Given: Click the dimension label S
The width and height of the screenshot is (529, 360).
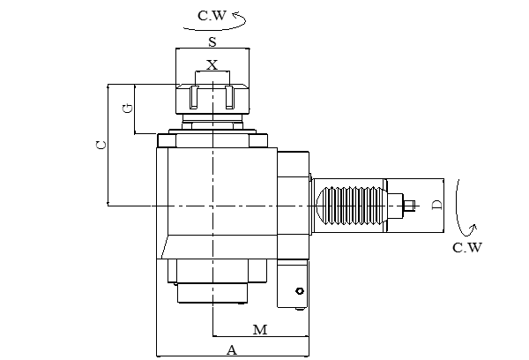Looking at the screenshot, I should (x=212, y=42).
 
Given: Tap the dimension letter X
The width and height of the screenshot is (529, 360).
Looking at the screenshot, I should (x=212, y=64).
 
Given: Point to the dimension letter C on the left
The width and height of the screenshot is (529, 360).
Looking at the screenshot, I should (x=101, y=144).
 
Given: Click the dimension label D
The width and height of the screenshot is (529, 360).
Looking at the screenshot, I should (x=437, y=206).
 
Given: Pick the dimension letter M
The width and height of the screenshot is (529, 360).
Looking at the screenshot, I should (x=259, y=330).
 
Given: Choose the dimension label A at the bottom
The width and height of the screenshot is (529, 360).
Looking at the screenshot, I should (x=232, y=350).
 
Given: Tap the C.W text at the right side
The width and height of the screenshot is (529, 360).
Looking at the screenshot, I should (x=466, y=247).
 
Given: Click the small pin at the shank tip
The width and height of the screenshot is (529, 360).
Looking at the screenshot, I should (x=410, y=207).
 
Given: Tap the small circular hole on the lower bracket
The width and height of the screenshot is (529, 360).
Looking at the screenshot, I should (x=300, y=291).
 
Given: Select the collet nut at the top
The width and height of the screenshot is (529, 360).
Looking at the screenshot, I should (x=212, y=101).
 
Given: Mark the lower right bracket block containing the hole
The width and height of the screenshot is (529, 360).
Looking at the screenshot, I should (x=292, y=284).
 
